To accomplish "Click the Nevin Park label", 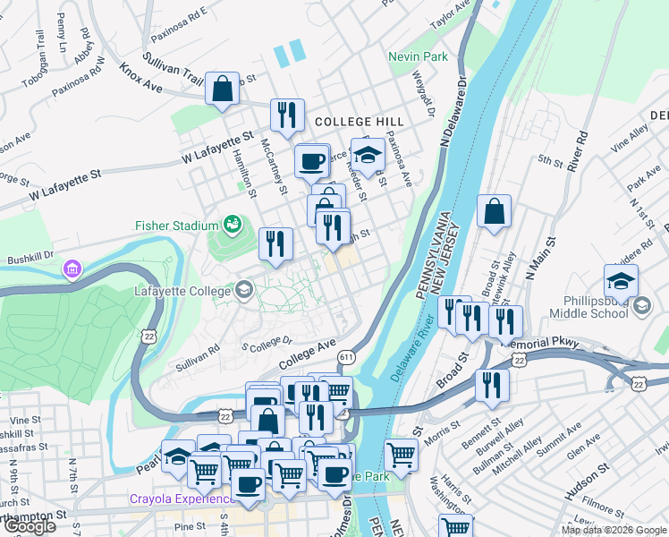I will [418, 56].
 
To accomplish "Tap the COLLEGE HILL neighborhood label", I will [359, 121].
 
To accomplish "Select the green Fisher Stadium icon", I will [233, 223].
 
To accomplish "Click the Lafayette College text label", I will [182, 290].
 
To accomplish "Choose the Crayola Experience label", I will [175, 499].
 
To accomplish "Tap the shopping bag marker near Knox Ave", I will [222, 89].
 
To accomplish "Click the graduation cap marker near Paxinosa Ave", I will [367, 156].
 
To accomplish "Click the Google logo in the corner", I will [30, 526].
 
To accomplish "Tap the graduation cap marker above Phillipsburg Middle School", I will [620, 281].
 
